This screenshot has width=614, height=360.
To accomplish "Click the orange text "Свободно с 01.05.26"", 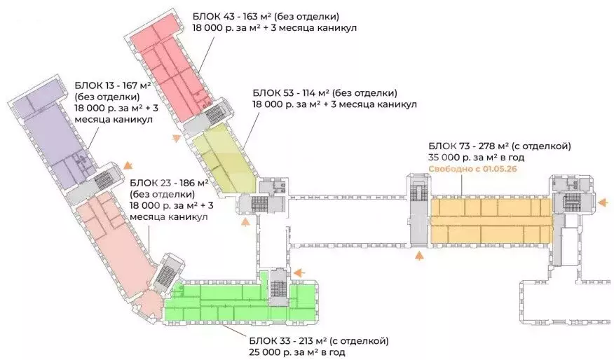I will tap(472, 169).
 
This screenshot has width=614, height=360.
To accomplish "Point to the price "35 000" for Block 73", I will tap(444, 158).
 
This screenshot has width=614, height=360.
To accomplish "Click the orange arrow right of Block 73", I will tap(601, 203).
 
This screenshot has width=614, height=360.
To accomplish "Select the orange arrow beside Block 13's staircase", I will tap(126, 165).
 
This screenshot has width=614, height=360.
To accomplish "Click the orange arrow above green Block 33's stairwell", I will tap(299, 272).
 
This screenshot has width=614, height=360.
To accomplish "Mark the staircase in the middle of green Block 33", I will tap(278, 286).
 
